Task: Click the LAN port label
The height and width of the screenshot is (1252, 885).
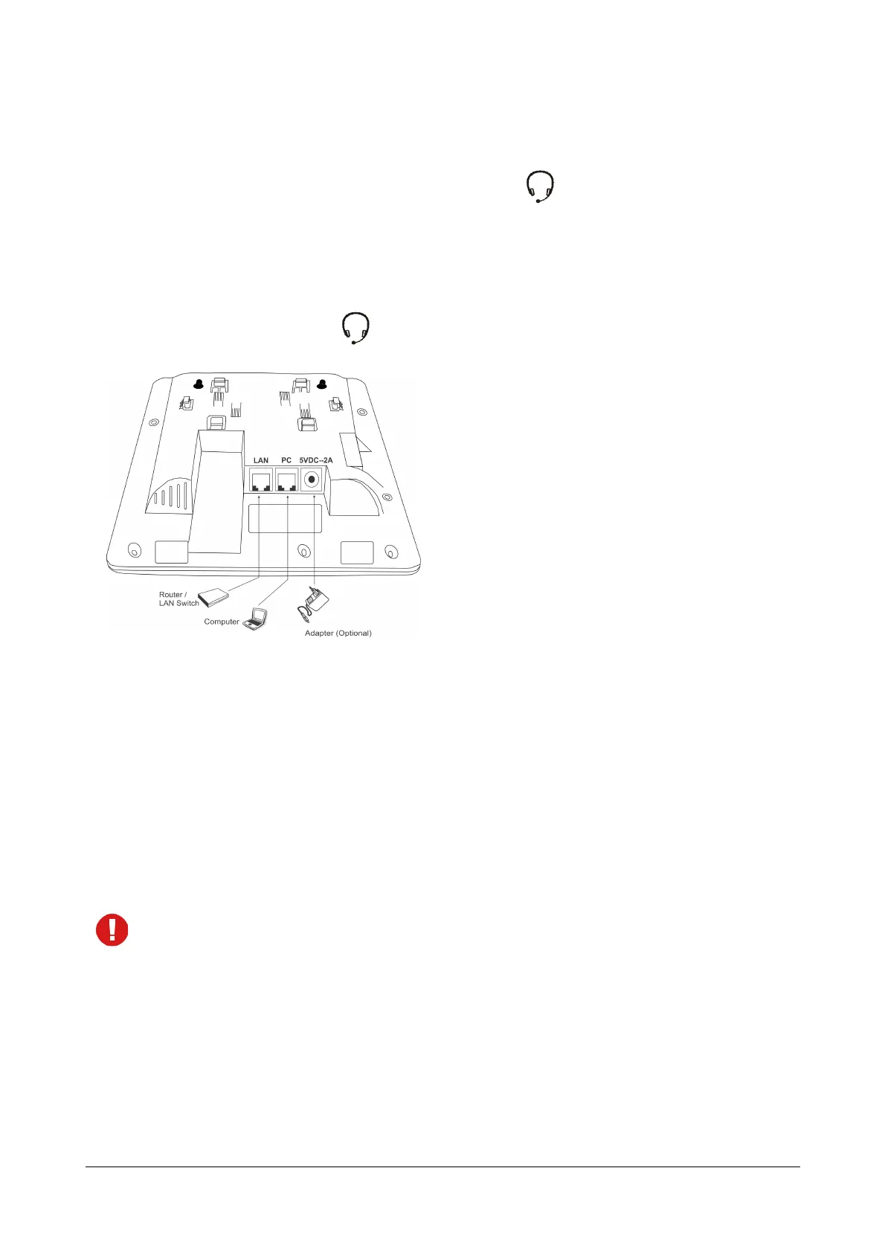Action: click(x=260, y=460)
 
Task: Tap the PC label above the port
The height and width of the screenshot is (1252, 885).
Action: click(x=286, y=460)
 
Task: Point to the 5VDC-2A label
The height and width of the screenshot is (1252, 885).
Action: click(x=316, y=460)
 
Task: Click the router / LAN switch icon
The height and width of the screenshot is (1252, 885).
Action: click(x=214, y=596)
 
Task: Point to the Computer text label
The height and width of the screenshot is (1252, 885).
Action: click(x=222, y=622)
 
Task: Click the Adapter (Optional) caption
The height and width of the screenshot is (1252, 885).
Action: click(x=338, y=633)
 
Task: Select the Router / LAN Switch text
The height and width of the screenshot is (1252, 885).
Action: click(x=178, y=598)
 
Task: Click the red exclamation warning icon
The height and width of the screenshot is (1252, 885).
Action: click(x=112, y=930)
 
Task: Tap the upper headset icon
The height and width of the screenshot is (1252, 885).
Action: click(x=541, y=187)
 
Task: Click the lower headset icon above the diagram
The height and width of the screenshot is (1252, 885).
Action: click(x=355, y=328)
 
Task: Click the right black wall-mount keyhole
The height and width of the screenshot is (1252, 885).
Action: click(x=322, y=384)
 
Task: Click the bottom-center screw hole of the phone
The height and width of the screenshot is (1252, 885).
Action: click(x=303, y=551)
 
